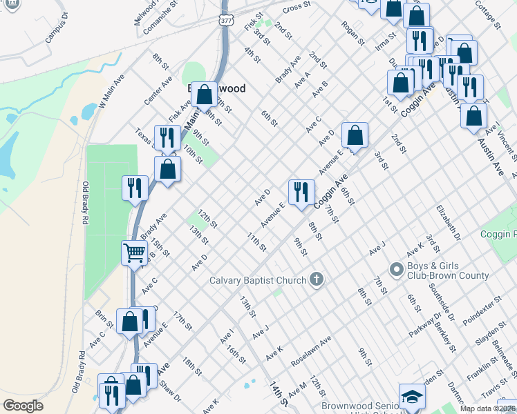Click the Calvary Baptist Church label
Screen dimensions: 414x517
tap(258, 280)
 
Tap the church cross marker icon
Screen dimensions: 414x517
tap(316, 279)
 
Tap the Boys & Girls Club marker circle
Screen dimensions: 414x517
tap(397, 268)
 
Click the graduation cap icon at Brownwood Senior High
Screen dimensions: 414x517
tap(412, 397)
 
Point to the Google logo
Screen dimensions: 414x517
tap(23, 406)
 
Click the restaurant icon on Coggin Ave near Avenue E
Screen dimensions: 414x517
tap(301, 191)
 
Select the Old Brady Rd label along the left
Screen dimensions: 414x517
tap(86, 204)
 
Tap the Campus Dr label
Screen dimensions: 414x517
tap(57, 27)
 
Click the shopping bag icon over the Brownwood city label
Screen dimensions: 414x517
tap(205, 93)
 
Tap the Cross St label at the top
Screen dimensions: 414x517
tap(295, 7)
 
